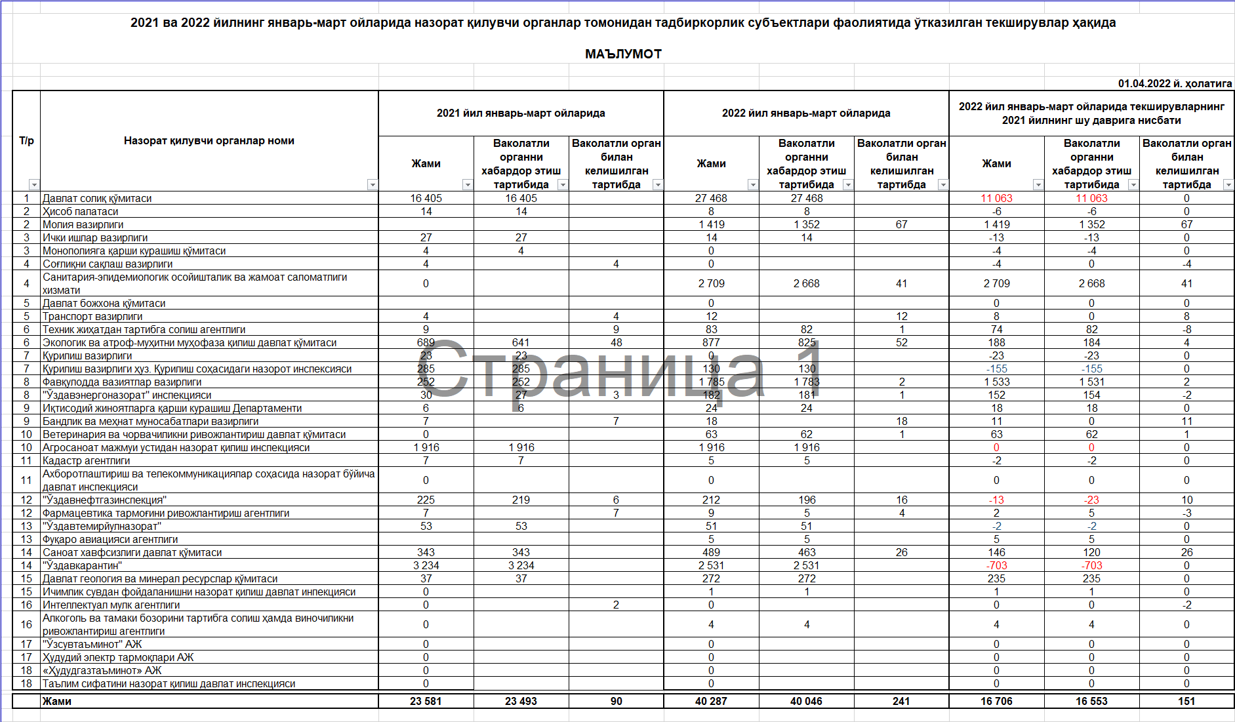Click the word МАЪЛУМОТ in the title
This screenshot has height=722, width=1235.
[623, 54]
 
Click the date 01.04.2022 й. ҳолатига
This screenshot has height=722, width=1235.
[1175, 83]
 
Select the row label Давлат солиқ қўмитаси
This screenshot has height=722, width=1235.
[97, 198]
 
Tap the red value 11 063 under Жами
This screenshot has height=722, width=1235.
[996, 198]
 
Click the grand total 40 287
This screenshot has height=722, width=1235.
[711, 701]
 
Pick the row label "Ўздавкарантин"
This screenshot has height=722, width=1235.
[82, 565]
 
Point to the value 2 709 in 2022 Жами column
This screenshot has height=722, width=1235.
[711, 283]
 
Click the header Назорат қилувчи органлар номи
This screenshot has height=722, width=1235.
[209, 140]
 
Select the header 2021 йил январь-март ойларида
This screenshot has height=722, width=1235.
[521, 113]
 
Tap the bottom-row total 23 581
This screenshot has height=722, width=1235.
[426, 701]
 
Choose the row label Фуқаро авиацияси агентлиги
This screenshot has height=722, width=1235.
[110, 539]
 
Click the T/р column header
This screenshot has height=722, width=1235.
[26, 140]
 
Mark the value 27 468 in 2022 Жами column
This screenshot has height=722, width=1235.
[711, 198]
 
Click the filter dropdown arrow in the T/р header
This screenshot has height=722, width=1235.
[34, 185]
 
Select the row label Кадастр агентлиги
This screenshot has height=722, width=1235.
[86, 460]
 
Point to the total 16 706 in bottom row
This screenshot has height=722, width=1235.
[996, 701]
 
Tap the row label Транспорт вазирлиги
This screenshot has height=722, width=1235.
[92, 316]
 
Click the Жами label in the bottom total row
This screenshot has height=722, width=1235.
[57, 701]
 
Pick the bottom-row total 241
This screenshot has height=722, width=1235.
[901, 701]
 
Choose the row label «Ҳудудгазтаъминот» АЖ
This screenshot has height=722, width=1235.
[102, 670]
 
